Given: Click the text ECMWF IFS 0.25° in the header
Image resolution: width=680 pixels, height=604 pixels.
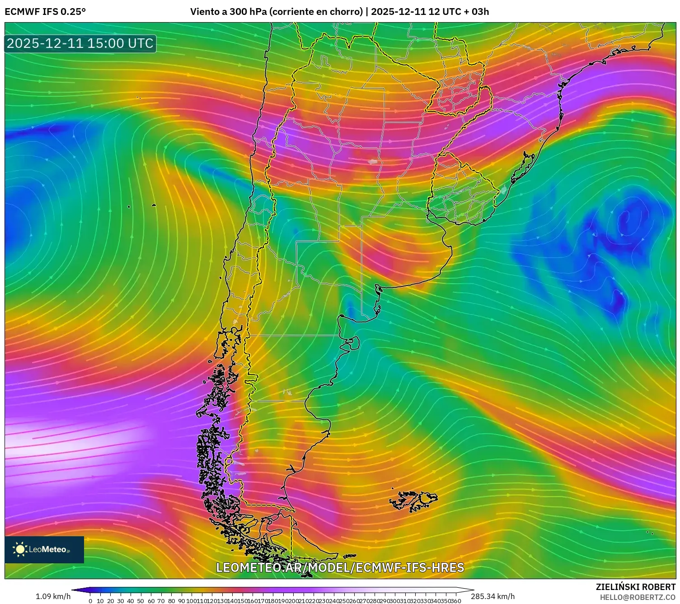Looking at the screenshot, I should click(x=45, y=12).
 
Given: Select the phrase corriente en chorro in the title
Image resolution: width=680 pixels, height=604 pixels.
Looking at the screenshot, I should click(x=316, y=12).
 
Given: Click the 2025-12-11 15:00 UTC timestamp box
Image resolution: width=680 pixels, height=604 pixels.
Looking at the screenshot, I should click(x=80, y=43).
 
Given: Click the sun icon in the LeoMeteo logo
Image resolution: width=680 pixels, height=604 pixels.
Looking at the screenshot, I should click(x=20, y=549).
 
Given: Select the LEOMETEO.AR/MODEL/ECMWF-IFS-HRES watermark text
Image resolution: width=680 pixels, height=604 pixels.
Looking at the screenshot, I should click(x=340, y=567).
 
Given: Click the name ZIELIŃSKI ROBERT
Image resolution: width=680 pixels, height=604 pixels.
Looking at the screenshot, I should click(x=635, y=587).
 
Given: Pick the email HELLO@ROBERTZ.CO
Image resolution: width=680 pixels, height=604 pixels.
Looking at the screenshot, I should click(x=638, y=597).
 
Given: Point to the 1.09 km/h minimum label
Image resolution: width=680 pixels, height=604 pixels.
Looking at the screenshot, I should click(x=53, y=596).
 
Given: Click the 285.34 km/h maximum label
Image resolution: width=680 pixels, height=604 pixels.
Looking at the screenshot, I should click(x=492, y=596).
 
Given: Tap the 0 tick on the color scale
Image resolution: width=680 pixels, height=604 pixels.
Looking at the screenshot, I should click(x=90, y=601).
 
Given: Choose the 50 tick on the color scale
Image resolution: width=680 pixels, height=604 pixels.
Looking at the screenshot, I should click(x=141, y=601).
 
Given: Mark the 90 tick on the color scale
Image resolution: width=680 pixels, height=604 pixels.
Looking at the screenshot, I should click(x=181, y=601).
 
